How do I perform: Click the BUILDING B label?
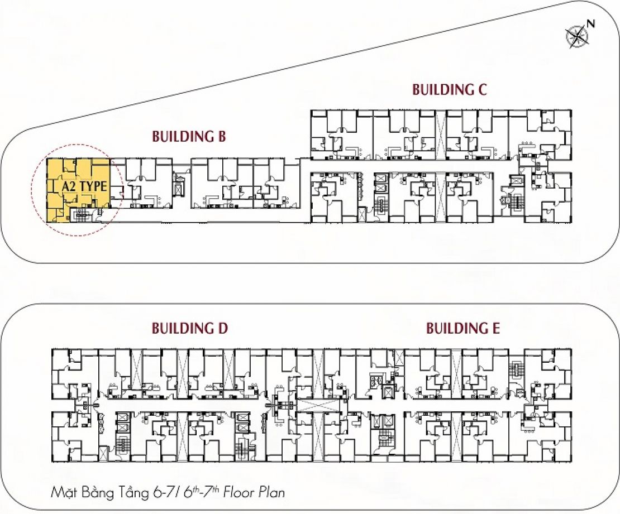click(189, 136)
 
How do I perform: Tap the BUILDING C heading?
click(449, 89)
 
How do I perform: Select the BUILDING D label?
click(190, 328)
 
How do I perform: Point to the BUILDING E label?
click(462, 328)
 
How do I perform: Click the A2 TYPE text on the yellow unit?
click(84, 186)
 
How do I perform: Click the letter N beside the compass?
click(591, 23)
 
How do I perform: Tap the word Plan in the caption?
click(271, 492)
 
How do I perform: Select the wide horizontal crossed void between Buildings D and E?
click(317, 405)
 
